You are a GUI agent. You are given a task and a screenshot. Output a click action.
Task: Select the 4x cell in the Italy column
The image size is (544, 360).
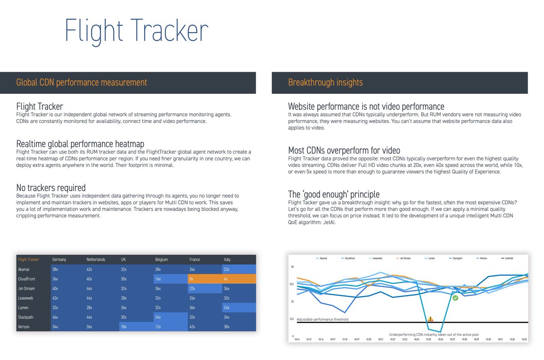point(239,279)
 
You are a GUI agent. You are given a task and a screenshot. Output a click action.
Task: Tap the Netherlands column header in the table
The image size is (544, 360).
point(96,260)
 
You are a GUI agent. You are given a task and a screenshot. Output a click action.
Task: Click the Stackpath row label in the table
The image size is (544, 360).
point(27,317)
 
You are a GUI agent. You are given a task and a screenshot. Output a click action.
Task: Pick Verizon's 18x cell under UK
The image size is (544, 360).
point(136,326)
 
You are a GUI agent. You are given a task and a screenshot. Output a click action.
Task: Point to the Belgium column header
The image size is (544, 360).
point(161,260)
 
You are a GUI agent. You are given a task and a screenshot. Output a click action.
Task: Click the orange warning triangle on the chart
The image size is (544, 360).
point(430,319)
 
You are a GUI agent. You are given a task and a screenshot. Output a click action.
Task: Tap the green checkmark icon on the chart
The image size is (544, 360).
point(455,298)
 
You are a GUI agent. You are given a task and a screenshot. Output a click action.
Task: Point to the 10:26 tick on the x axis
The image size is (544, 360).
point(440,339)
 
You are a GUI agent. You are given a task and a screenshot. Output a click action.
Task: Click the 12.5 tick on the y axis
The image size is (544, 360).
point(292,319)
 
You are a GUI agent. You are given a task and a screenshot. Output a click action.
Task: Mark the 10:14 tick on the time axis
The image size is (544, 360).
point(297,339)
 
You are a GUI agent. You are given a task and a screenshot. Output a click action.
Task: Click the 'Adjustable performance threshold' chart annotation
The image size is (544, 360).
point(322,320)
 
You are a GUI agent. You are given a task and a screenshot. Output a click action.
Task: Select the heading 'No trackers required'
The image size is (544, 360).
point(51,188)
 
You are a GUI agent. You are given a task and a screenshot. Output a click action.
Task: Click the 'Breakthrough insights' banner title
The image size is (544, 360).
point(325,83)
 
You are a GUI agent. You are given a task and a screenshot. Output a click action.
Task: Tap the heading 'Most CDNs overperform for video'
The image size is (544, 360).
point(344,150)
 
